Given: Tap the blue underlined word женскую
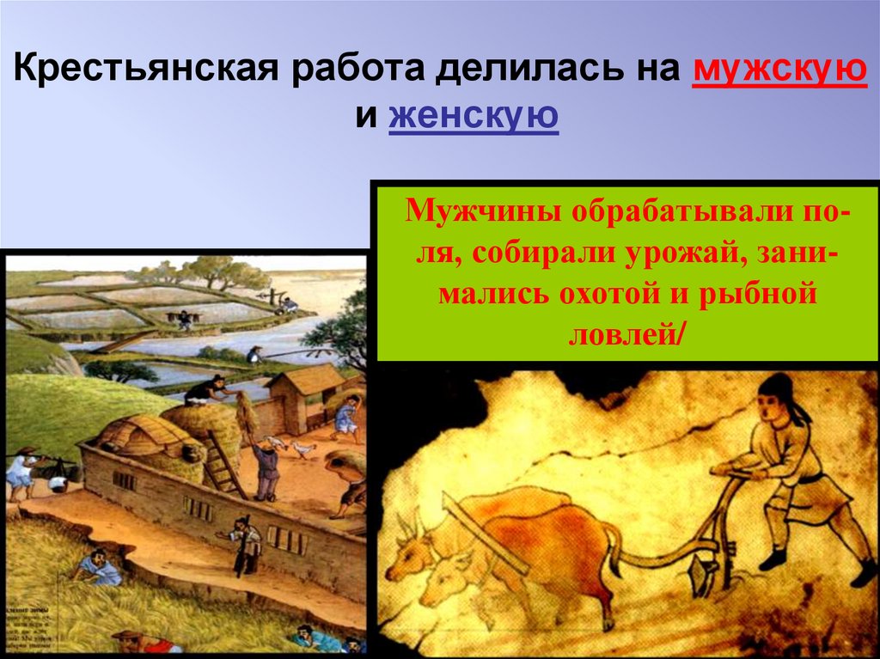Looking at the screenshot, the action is point(474,116).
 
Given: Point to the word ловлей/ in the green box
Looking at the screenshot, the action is point(626,336).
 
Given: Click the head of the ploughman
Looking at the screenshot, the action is point(777,400).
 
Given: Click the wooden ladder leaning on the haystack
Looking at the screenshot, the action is point(224,464).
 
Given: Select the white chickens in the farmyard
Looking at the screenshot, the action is point(292,447).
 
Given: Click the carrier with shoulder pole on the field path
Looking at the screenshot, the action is point(183,319).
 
